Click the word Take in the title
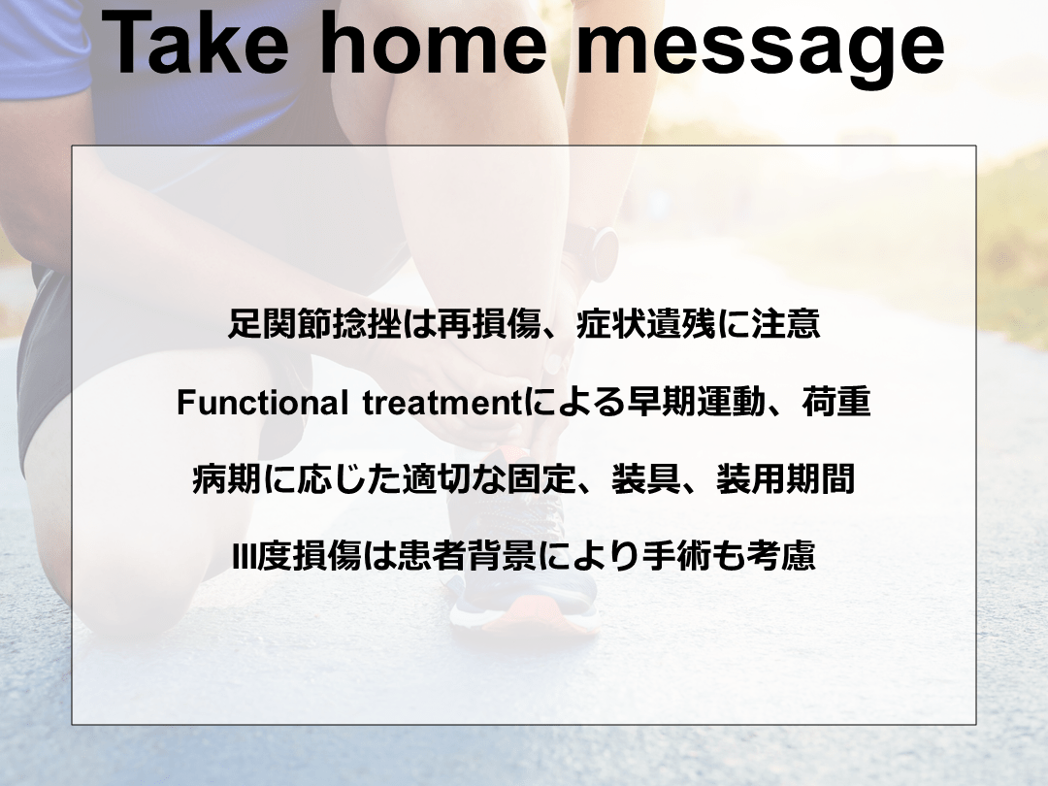tap(194, 44)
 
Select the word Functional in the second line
tap(262, 403)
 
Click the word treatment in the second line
tap(442, 403)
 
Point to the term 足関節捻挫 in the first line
tap(314, 324)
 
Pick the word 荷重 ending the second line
tap(836, 403)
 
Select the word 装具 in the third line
tap(645, 479)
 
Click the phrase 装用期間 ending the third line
tap(785, 479)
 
